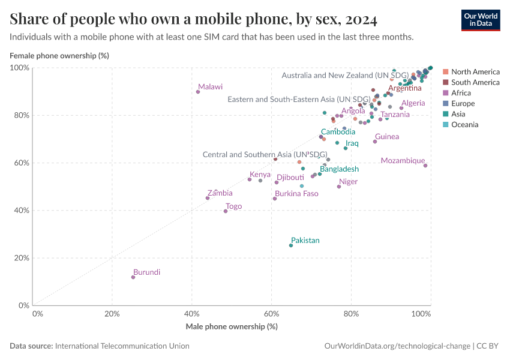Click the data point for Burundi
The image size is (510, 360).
tap(133, 277)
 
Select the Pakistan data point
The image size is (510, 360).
tap(291, 245)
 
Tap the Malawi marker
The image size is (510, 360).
tap(198, 92)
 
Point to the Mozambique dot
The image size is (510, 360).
tap(425, 166)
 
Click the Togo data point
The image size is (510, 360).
tap(226, 211)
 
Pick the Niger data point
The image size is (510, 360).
tap(339, 187)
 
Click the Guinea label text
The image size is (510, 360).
tap(387, 137)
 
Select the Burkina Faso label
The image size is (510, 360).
tap(296, 194)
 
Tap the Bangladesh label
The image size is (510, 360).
tap(339, 169)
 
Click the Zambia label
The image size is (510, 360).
tap(220, 193)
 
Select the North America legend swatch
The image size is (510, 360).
tap(445, 72)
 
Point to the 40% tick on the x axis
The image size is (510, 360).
tap(192, 313)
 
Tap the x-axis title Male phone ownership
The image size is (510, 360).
tap(232, 326)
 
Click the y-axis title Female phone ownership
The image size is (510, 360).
tap(59, 56)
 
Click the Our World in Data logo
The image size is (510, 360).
tap(480, 20)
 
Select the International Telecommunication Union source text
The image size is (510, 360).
tap(122, 346)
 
